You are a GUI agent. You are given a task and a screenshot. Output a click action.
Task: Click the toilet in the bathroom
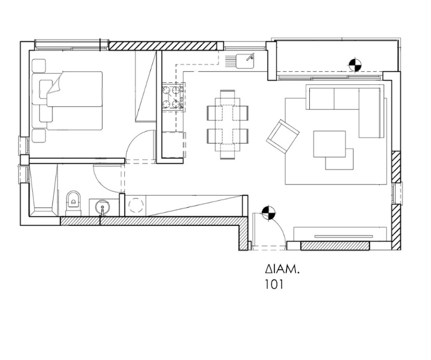point(74,203)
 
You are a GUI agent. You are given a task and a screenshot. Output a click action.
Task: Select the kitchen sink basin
point(245,61)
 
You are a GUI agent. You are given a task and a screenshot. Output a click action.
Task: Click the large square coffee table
point(330,144)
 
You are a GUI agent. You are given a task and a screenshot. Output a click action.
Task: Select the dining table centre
point(228,124)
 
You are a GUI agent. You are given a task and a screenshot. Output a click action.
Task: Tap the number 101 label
point(274,285)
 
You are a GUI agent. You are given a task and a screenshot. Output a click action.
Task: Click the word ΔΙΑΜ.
point(282,269)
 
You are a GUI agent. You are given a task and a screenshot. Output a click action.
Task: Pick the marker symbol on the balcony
point(355,65)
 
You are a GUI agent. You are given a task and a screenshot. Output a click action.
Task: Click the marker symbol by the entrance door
point(268,213)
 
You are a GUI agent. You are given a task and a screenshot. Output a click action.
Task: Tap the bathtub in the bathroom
point(44,190)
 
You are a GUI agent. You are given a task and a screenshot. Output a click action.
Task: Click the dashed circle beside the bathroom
point(137,205)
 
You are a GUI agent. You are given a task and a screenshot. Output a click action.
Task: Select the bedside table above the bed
point(39,66)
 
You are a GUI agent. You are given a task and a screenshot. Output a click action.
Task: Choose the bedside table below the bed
point(39,136)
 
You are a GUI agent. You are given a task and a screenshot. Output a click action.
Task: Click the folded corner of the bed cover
point(55,83)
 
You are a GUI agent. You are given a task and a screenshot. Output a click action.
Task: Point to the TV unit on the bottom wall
point(341,234)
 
